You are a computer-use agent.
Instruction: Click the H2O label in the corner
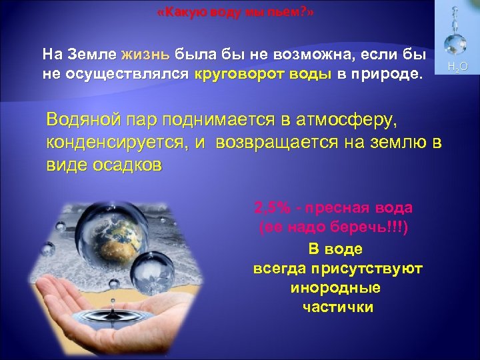point(458,67)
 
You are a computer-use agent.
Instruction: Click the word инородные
point(336,288)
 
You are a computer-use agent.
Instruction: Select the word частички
point(337,307)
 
